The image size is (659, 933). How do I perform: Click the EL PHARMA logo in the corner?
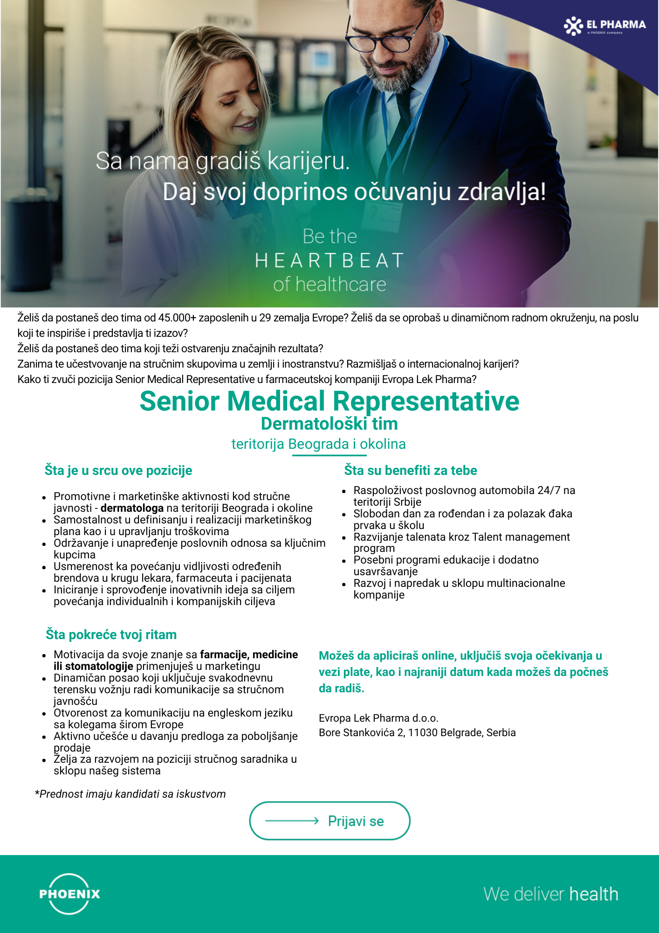click(604, 26)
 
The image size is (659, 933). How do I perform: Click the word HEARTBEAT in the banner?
click(329, 260)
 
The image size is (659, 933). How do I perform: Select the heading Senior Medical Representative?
click(329, 401)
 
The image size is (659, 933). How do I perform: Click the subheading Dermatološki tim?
click(329, 424)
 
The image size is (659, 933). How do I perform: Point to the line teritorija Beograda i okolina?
click(318, 444)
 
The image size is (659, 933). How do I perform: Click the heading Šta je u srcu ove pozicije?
click(118, 470)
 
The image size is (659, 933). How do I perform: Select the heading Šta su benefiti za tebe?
click(411, 470)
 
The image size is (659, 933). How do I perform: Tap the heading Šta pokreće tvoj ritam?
click(111, 634)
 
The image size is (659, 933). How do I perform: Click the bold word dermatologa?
click(132, 508)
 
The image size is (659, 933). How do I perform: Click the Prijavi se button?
click(330, 821)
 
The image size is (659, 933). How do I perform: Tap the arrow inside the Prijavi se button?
click(292, 821)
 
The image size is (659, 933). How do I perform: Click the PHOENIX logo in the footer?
click(69, 894)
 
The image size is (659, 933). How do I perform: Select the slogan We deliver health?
click(550, 894)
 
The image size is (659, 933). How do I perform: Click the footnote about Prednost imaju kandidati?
click(130, 794)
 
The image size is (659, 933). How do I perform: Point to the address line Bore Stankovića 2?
click(417, 732)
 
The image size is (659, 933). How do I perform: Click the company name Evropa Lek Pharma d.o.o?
click(378, 718)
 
